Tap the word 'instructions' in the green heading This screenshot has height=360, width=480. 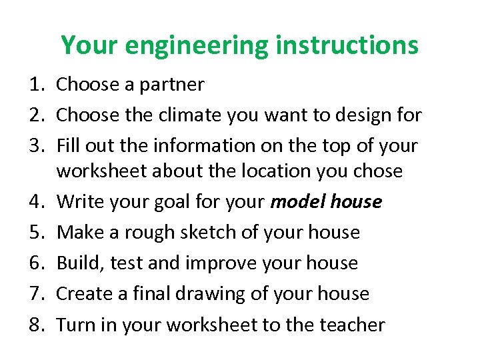click(347, 45)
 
